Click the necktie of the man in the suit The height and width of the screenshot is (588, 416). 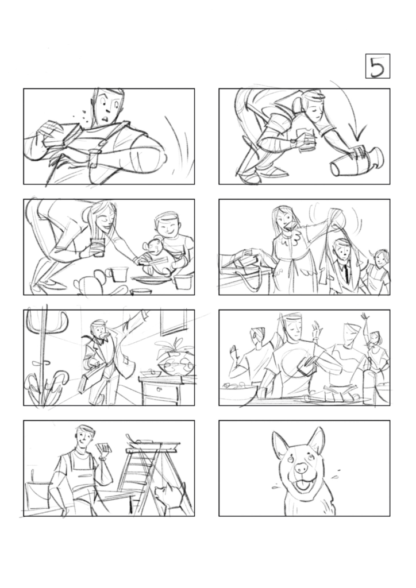(346, 270)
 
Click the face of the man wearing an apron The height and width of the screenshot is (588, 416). (85, 439)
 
